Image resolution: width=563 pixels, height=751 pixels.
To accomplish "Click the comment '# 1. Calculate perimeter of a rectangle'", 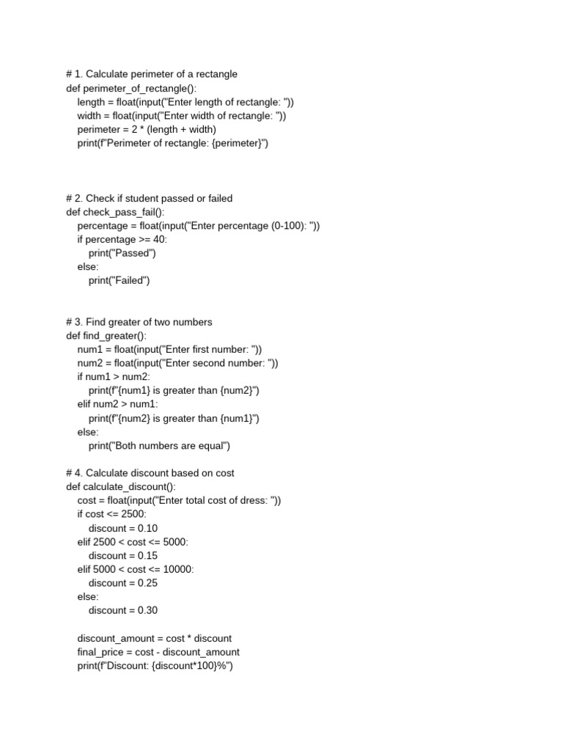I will [152, 74].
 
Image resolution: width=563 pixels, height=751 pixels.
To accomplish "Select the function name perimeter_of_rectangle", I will [128, 88].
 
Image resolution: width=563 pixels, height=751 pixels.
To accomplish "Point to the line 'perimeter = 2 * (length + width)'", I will [147, 129].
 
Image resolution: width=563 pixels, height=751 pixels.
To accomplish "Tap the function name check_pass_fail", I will [118, 212].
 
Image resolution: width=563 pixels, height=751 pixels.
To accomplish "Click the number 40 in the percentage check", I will [160, 240].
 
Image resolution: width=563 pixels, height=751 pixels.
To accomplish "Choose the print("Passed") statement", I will [122, 253].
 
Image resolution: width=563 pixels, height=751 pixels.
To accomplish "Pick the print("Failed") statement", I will [119, 280].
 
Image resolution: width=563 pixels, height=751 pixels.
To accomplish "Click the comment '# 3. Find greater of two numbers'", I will [139, 322].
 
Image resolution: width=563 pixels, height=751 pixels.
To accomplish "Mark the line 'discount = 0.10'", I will [123, 528].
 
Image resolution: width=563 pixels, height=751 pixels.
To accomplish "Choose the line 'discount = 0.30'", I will [123, 610].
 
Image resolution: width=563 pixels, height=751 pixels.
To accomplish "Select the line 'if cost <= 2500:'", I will [111, 514].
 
